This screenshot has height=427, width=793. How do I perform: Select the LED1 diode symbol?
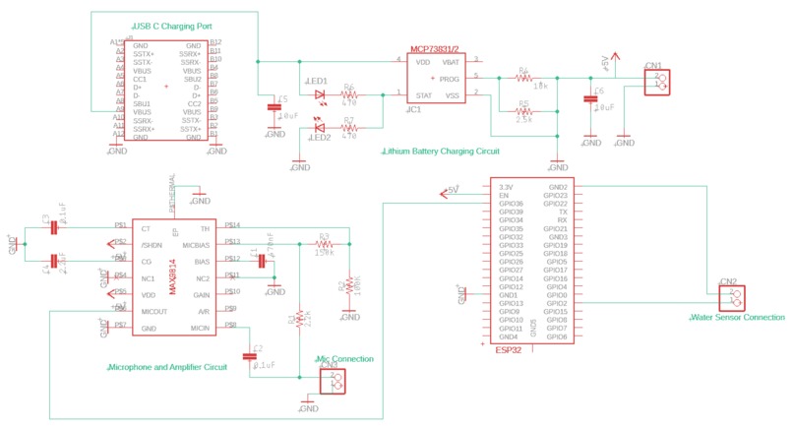320,95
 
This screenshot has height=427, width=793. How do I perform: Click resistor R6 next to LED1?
349,95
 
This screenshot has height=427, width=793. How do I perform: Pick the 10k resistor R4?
524,77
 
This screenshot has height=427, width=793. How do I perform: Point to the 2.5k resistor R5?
524,110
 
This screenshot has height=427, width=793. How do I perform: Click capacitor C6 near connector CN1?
589,99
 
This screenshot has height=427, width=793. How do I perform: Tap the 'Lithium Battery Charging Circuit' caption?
441,152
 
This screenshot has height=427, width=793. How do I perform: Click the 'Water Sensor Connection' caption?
736,318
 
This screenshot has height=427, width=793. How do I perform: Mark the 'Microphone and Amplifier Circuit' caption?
166,367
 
